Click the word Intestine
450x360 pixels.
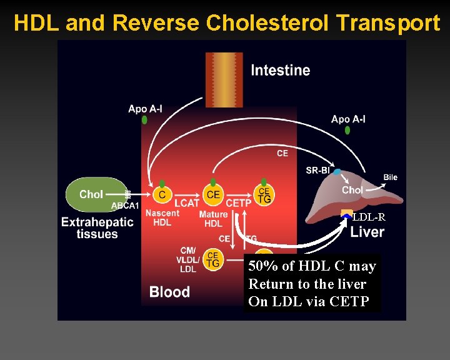coord(280,70)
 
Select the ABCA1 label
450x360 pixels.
coord(125,206)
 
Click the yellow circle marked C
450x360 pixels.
coord(162,195)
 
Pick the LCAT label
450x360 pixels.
coord(187,203)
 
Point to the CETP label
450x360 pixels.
coord(239,203)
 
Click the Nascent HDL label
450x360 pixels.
coord(162,217)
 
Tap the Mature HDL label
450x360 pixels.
coord(213,219)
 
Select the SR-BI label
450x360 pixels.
coord(318,170)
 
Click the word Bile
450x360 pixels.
coord(390,177)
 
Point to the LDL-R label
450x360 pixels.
coord(369,217)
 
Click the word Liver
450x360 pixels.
coord(367,232)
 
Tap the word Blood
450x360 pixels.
coord(169,292)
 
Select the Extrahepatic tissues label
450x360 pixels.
coord(97,228)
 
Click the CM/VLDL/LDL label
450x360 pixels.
coord(187,259)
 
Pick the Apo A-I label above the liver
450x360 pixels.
coord(348,119)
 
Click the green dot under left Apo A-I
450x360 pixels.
coord(145,119)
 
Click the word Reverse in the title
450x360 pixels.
coord(157,24)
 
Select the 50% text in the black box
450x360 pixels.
coord(263,266)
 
